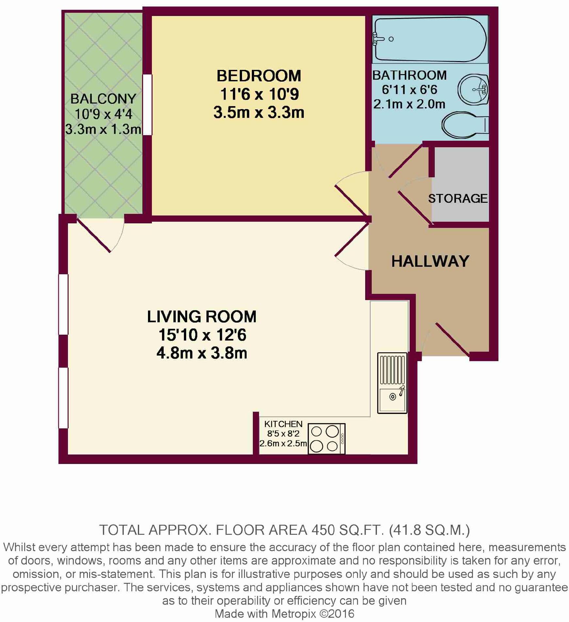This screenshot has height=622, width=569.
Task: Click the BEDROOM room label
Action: click(x=259, y=76)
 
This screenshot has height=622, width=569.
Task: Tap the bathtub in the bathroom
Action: click(x=430, y=39)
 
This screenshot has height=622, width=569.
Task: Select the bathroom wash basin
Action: click(x=473, y=89)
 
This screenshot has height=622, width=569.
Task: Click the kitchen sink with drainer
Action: click(x=392, y=383)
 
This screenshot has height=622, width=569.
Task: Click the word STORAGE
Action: click(x=458, y=199)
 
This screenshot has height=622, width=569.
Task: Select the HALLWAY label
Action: click(x=430, y=261)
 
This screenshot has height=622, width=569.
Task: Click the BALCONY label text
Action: click(x=103, y=99)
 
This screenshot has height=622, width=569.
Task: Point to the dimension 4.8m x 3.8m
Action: click(x=202, y=353)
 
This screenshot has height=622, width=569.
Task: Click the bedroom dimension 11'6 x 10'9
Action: click(x=259, y=94)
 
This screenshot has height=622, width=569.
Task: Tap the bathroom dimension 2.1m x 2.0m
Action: click(x=409, y=104)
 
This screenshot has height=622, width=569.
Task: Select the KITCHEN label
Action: click(x=283, y=424)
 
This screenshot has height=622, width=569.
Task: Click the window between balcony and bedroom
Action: click(x=148, y=105)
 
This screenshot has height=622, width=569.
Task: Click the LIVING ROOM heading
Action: click(x=202, y=317)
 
